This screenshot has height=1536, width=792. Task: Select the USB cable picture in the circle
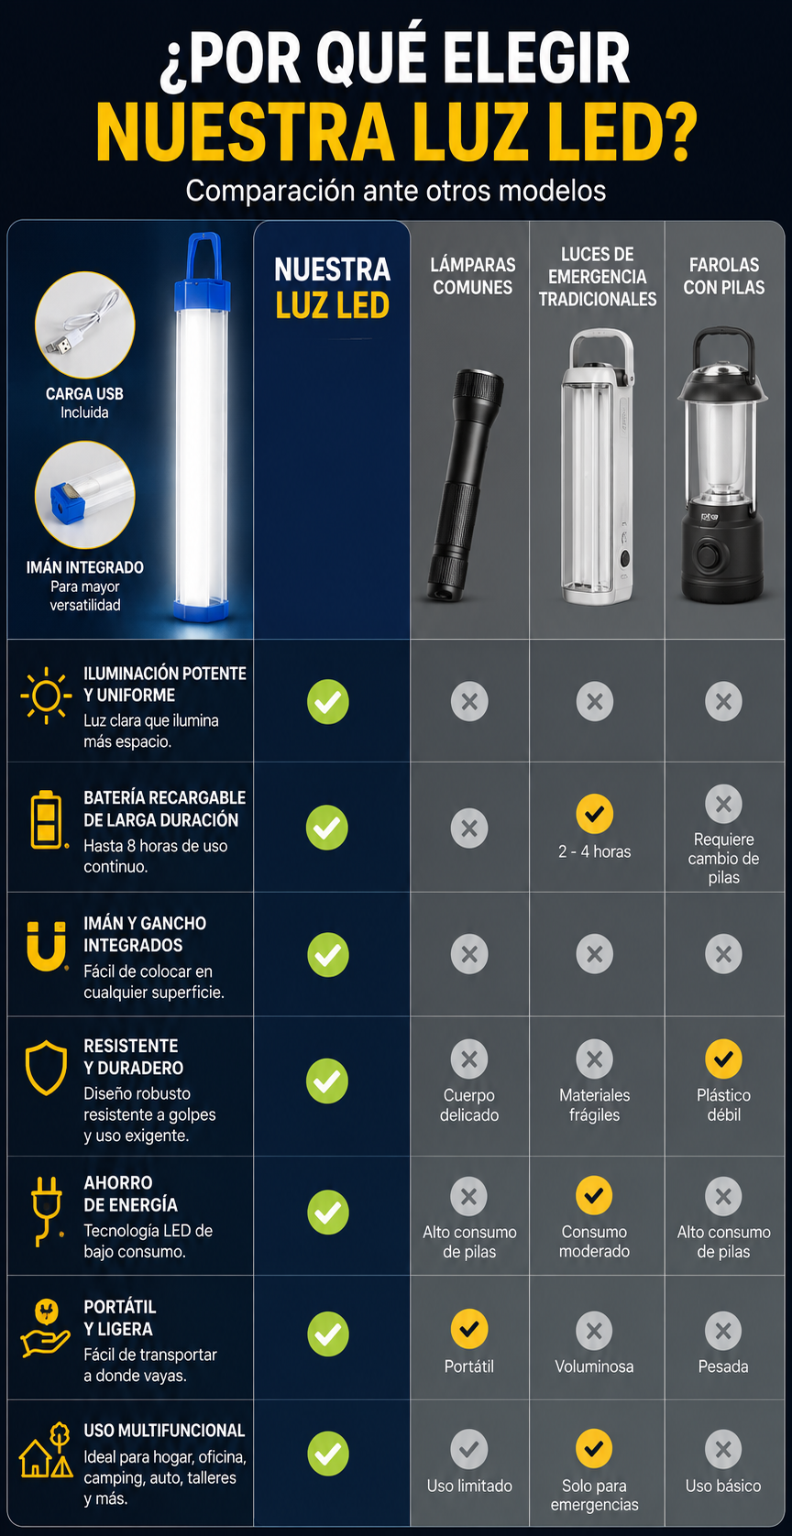(x=85, y=325)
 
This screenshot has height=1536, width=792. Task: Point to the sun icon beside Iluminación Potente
(x=46, y=696)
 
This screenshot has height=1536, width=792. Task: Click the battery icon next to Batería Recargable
(x=47, y=820)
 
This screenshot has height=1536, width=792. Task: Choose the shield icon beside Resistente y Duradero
(x=46, y=1068)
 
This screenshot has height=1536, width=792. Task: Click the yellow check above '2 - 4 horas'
(x=595, y=813)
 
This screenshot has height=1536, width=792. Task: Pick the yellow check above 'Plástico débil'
(x=723, y=1059)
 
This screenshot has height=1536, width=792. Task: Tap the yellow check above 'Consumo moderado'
(x=595, y=1195)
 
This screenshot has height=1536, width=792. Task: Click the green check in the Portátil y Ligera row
(x=328, y=1333)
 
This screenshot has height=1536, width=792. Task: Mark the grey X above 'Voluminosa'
(x=595, y=1331)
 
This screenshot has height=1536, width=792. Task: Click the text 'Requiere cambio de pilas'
(x=723, y=858)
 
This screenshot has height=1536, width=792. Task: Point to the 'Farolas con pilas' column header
(x=724, y=276)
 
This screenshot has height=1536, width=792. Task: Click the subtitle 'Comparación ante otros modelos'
(x=396, y=191)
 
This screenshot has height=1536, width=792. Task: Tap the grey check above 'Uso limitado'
(x=469, y=1449)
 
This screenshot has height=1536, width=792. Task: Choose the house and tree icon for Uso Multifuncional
(x=47, y=1450)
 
